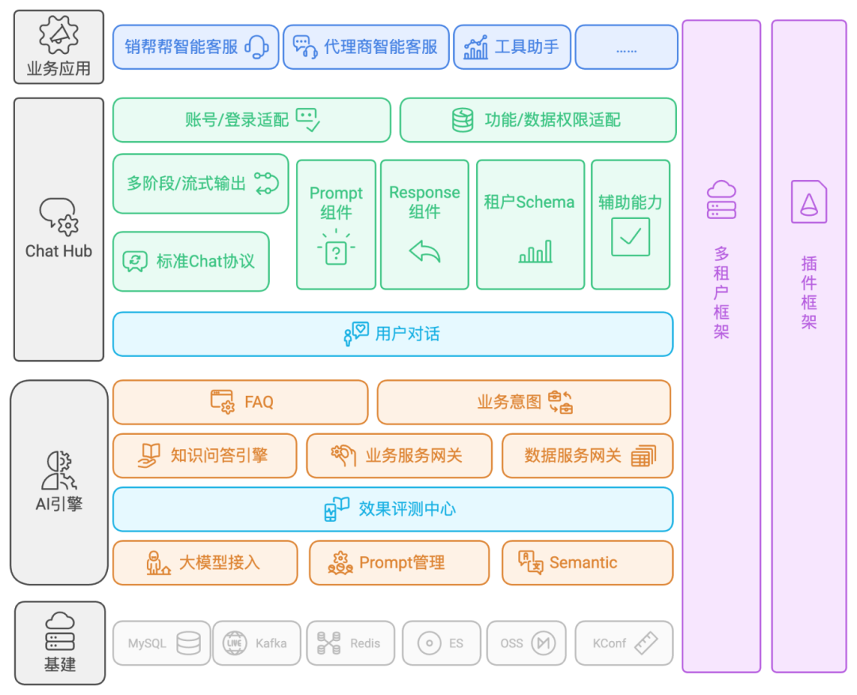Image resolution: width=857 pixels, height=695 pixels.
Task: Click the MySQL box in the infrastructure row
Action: coord(161,643)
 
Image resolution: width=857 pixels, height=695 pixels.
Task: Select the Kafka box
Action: coord(257,643)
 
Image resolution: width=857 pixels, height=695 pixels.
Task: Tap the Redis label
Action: coord(365,643)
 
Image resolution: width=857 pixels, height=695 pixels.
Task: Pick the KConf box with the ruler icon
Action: coord(624,643)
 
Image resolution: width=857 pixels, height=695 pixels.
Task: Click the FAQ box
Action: coord(240,402)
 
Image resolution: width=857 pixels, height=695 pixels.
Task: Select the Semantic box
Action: coord(587,563)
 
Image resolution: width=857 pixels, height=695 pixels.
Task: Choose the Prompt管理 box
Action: coord(399,563)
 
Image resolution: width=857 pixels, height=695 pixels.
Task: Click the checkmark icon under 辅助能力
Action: coord(630,236)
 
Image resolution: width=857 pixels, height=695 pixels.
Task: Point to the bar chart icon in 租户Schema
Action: coord(535,252)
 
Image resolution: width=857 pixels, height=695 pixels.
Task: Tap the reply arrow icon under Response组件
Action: coord(425,252)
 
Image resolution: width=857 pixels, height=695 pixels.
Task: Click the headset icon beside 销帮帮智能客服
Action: coord(256,48)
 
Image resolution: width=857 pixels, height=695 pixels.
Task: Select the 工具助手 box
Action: coord(511,48)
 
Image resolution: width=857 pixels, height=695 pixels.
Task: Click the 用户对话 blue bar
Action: coord(393,334)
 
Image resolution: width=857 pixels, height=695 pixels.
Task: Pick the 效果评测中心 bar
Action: coord(393,509)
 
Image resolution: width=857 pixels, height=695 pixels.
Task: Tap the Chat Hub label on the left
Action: coord(59,251)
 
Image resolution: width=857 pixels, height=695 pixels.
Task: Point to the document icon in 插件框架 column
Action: coord(809,202)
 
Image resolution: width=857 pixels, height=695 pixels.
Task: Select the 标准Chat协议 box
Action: coord(190,261)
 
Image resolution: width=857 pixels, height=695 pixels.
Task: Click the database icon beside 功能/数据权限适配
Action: coord(463,120)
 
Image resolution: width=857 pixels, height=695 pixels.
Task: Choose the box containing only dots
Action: coord(626,48)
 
